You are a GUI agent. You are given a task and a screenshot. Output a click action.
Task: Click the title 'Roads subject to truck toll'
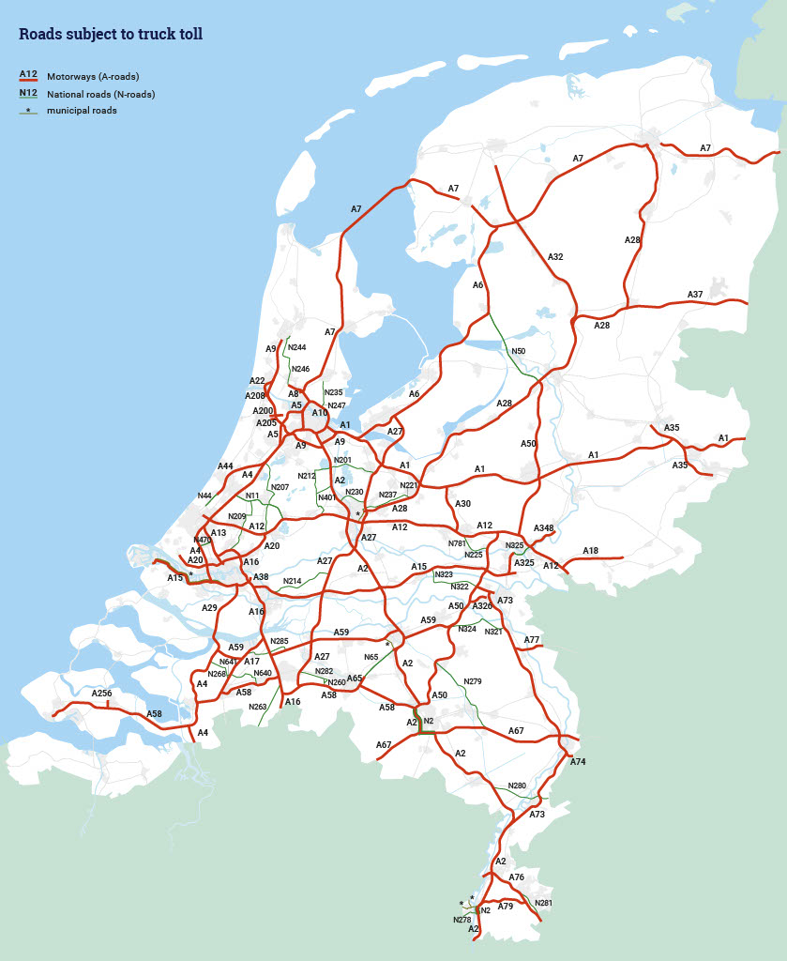pyautogui.click(x=111, y=35)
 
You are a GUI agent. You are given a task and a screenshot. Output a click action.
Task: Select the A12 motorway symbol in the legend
pyautogui.click(x=27, y=75)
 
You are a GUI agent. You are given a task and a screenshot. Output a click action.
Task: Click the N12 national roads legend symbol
pyautogui.click(x=27, y=93)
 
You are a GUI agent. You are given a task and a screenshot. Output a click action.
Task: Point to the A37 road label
pyautogui.click(x=695, y=295)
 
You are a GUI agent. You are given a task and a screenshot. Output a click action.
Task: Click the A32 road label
pyautogui.click(x=555, y=256)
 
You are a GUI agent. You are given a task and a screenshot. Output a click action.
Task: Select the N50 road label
pyautogui.click(x=518, y=351)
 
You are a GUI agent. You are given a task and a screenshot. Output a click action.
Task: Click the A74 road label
pyautogui.click(x=578, y=761)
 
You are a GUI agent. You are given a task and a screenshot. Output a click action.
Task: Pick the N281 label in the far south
pyautogui.click(x=543, y=903)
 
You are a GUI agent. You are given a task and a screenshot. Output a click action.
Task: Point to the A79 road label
pyautogui.click(x=506, y=907)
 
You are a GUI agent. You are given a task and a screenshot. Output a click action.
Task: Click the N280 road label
pyautogui.click(x=517, y=786)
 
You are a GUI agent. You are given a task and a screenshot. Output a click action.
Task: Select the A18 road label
pyautogui.click(x=590, y=551)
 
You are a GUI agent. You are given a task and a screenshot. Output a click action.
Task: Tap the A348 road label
pyautogui.click(x=544, y=528)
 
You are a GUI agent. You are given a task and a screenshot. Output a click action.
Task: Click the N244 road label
pyautogui.click(x=297, y=347)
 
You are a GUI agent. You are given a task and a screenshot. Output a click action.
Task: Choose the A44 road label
pyautogui.click(x=225, y=465)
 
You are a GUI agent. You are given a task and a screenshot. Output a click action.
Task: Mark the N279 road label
pyautogui.click(x=473, y=681)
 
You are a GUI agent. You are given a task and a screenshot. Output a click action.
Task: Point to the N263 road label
pyautogui.click(x=258, y=707)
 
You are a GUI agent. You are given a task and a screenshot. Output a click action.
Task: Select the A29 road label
pyautogui.click(x=209, y=608)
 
